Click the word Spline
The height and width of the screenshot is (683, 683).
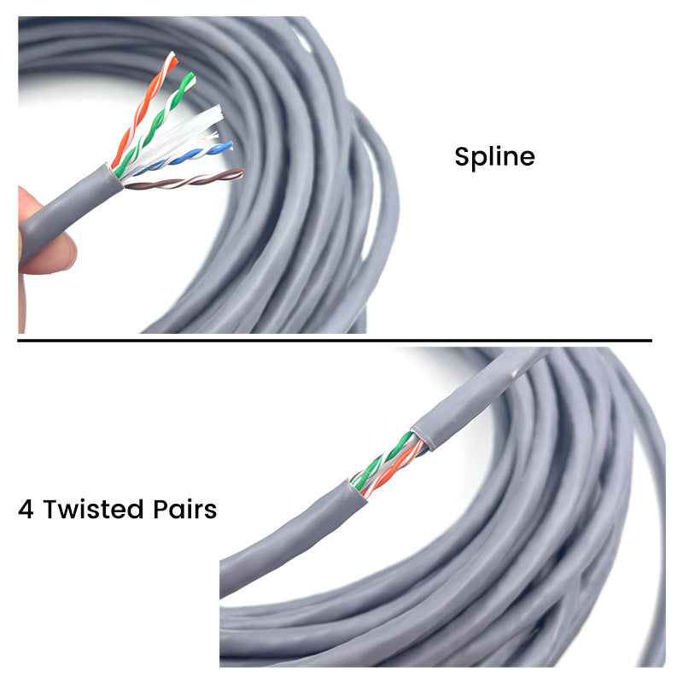point(494,157)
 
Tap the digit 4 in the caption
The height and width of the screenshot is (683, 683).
point(26,509)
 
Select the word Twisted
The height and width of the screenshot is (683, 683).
point(93,509)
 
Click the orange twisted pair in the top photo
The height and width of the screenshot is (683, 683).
point(143,109)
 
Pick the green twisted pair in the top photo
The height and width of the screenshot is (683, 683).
point(155,123)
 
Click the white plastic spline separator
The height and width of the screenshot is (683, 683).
point(183,135)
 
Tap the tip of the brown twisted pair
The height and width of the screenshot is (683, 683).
point(241,173)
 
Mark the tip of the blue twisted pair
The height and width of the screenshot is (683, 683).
point(230,144)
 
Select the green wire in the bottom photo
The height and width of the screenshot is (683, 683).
point(383,459)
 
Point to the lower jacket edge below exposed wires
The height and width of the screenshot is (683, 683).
point(357,490)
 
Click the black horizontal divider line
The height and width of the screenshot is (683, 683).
point(335,340)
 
